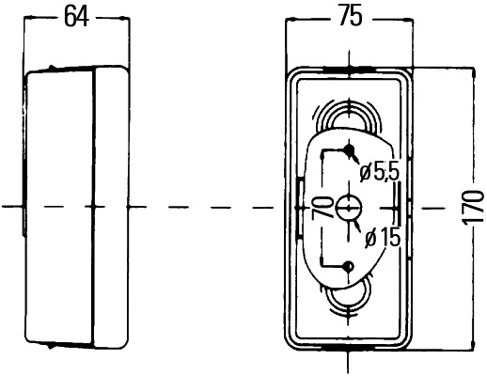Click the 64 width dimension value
point(76,17)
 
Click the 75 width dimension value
point(351,15)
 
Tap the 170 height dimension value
point(474,208)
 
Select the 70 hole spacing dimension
point(322,207)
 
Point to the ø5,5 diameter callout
point(379,172)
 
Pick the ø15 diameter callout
point(383,237)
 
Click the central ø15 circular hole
point(349,207)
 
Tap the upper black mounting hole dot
point(349,149)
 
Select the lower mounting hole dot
point(348,267)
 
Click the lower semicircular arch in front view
point(349,306)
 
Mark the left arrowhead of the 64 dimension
point(29,18)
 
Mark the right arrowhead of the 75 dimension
point(408,20)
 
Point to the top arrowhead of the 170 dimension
point(474,72)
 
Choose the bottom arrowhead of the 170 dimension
point(474,345)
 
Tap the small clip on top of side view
point(52,67)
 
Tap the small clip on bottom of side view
point(50,346)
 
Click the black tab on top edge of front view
point(349,69)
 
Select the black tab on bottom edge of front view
point(349,348)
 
